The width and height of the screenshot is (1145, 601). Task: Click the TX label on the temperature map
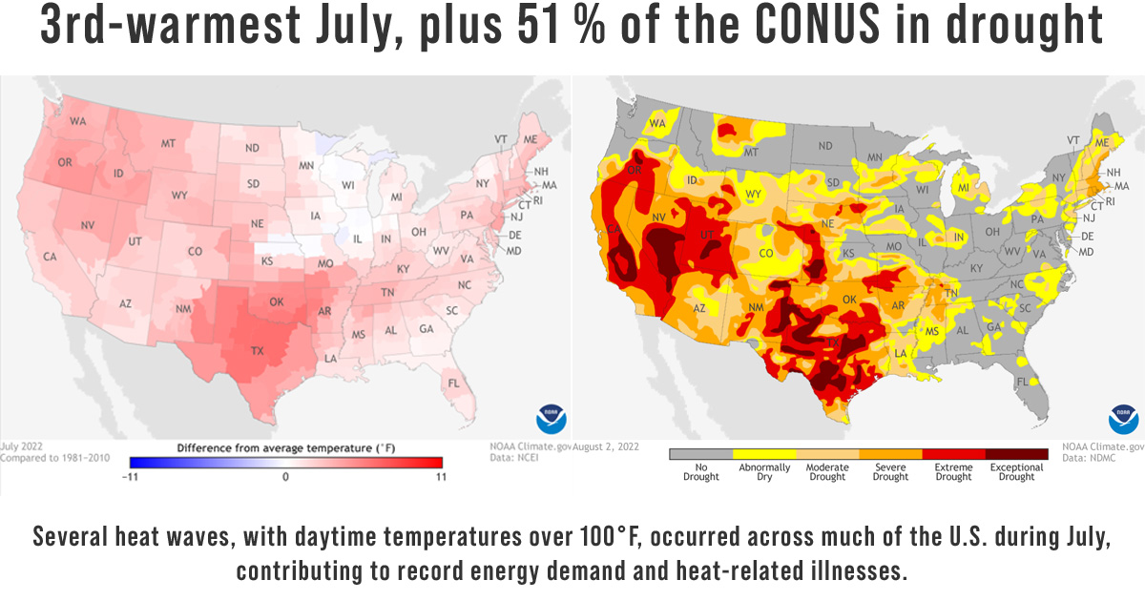pos(257,350)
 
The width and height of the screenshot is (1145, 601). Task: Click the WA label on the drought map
pos(658,123)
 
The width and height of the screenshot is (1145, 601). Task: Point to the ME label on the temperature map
pos(530,139)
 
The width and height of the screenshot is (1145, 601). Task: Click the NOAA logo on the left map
pos(551,419)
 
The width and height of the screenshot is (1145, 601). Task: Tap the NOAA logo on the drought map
pos(1123,419)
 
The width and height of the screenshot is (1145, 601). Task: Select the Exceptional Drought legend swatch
pos(1016,455)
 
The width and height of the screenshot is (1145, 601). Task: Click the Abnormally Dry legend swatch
pos(763,455)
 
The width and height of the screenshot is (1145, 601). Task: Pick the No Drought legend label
pos(700,472)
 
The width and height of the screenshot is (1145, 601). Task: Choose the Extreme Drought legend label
pos(952,472)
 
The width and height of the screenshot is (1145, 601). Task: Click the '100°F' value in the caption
pos(731,536)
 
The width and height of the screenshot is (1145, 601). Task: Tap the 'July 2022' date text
pos(24,446)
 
